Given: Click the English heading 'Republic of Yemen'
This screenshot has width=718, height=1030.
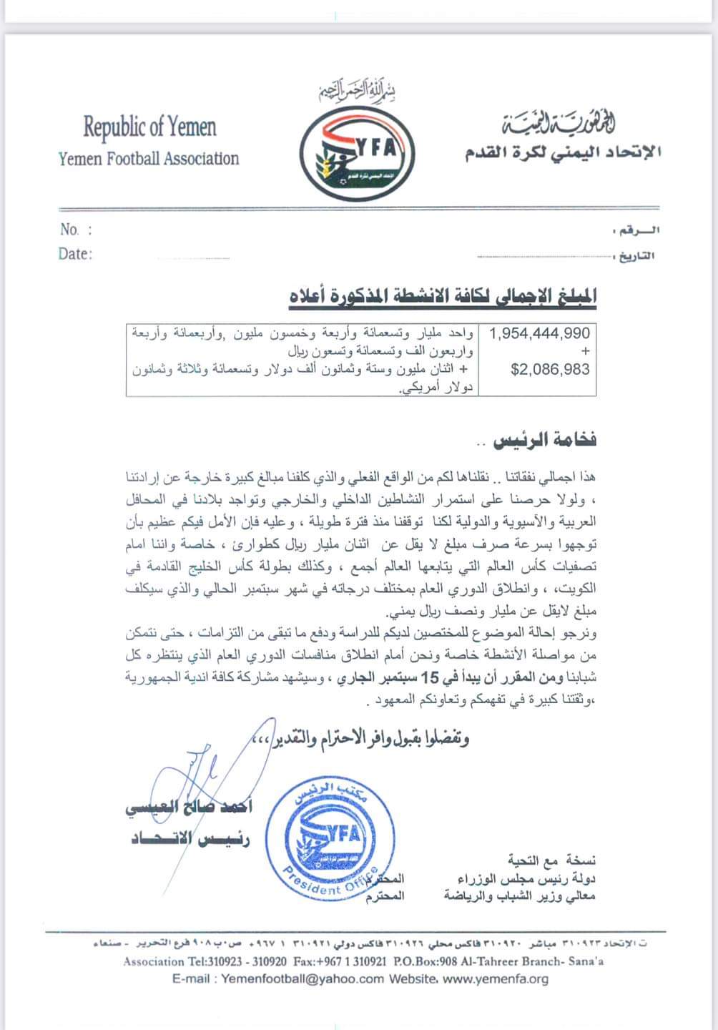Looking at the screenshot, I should point(149,128).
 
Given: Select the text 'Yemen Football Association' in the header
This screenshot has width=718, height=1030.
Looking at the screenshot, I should point(149,159).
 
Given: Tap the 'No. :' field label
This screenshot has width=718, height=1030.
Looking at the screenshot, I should point(76,230).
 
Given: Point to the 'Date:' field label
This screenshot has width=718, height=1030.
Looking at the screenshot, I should point(75,254).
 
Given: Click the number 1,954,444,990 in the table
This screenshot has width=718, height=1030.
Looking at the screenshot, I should point(539,333).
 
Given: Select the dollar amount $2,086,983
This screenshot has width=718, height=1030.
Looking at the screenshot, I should point(550,370).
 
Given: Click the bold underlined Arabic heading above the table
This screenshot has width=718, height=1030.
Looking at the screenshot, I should point(442,295).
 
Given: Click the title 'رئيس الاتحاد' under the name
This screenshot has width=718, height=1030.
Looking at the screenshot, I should point(190,838).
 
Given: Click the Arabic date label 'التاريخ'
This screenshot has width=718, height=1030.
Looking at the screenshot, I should point(637,256).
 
